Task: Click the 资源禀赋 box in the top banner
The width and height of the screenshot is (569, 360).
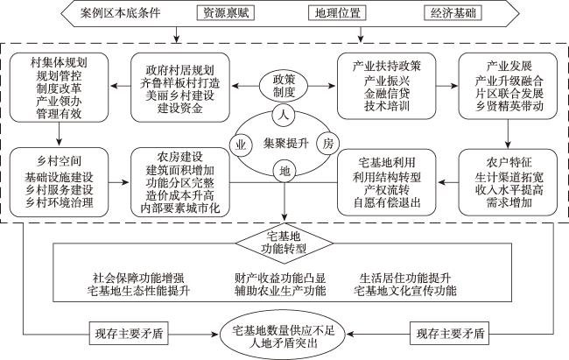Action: pyautogui.click(x=225, y=13)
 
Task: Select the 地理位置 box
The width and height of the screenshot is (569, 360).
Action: pyautogui.click(x=337, y=13)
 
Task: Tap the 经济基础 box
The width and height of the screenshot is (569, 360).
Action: pyautogui.click(x=453, y=13)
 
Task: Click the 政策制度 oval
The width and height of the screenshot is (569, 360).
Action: pyautogui.click(x=284, y=86)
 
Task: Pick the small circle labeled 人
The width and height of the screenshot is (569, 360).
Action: pyautogui.click(x=284, y=116)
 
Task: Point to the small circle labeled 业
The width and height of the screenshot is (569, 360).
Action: pyautogui.click(x=241, y=145)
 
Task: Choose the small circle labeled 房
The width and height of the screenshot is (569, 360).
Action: pyautogui.click(x=327, y=144)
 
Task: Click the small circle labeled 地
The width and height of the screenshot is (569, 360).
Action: pyautogui.click(x=284, y=171)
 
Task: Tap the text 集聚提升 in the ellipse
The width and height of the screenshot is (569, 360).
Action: pyautogui.click(x=286, y=143)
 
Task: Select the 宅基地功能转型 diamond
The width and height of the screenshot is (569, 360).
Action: pyautogui.click(x=284, y=243)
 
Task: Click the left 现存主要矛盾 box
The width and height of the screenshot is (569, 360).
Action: pyautogui.click(x=129, y=333)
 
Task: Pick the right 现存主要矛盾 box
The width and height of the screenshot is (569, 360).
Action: pyautogui.click(x=450, y=333)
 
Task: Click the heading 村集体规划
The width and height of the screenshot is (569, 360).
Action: pyautogui.click(x=59, y=62)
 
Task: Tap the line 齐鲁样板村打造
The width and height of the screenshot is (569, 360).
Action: pyautogui.click(x=180, y=83)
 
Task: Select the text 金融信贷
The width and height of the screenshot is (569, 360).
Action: pyautogui.click(x=387, y=94)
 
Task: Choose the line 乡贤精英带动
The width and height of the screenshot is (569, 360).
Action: pyautogui.click(x=509, y=106)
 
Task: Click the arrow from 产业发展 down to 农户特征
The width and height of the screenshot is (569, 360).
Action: pyautogui.click(x=508, y=133)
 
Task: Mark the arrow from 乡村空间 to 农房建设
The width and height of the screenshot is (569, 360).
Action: pyautogui.click(x=119, y=181)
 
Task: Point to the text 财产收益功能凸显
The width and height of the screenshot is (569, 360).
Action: pyautogui.click(x=280, y=279)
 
